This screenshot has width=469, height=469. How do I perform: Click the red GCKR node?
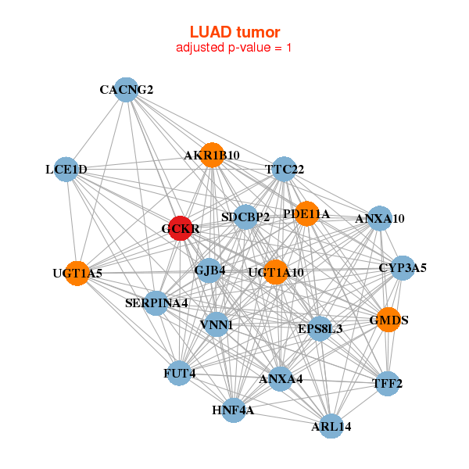181,228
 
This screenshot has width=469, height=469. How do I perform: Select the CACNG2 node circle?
126,89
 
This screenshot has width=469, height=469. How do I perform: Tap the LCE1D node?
66,170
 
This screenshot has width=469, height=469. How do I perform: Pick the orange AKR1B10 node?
212,155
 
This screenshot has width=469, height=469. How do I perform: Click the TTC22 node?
284,169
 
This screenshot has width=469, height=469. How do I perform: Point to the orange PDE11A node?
306,213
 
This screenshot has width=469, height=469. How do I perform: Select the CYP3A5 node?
403,268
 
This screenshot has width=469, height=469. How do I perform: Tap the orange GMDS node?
388,320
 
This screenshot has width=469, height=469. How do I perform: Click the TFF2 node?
388,384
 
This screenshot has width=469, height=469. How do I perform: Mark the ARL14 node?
331,426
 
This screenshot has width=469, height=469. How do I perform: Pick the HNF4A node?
233,410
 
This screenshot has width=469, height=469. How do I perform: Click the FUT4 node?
180,374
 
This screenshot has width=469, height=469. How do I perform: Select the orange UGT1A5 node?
77,274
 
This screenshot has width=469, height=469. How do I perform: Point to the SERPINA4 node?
156,303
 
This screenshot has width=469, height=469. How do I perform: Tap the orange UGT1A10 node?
275,272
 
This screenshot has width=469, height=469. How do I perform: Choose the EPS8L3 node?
320,329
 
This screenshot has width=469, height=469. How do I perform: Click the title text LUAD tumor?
234,32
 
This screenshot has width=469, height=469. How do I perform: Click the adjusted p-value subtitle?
234,48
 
